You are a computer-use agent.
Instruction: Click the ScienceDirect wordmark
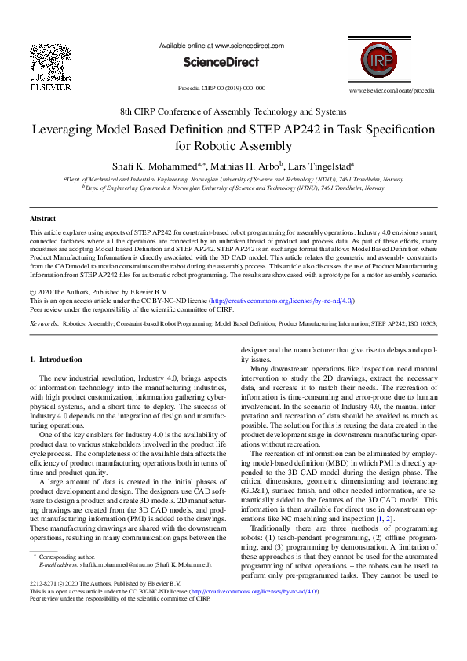(221, 61)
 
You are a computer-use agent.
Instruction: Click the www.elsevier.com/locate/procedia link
(392, 90)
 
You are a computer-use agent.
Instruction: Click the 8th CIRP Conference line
(233, 111)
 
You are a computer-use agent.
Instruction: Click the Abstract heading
(42, 217)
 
